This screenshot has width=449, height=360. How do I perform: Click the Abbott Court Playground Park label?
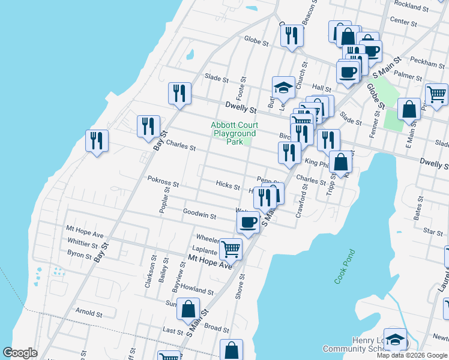click(x=233, y=133)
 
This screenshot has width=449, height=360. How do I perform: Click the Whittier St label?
click(x=82, y=245)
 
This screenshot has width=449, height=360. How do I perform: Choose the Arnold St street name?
click(x=89, y=313)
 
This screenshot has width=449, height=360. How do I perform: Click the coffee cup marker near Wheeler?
click(x=247, y=223)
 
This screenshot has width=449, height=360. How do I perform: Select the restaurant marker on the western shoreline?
click(x=96, y=141)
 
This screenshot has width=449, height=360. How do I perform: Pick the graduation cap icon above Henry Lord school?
click(x=395, y=340)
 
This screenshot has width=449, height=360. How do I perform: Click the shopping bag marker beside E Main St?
click(x=409, y=110)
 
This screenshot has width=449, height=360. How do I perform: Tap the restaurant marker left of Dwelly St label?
click(x=179, y=94)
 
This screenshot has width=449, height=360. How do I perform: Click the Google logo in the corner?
click(x=20, y=353)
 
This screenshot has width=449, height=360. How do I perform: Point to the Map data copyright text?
click(x=412, y=355)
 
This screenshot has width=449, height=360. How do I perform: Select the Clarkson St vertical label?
click(x=148, y=273)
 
